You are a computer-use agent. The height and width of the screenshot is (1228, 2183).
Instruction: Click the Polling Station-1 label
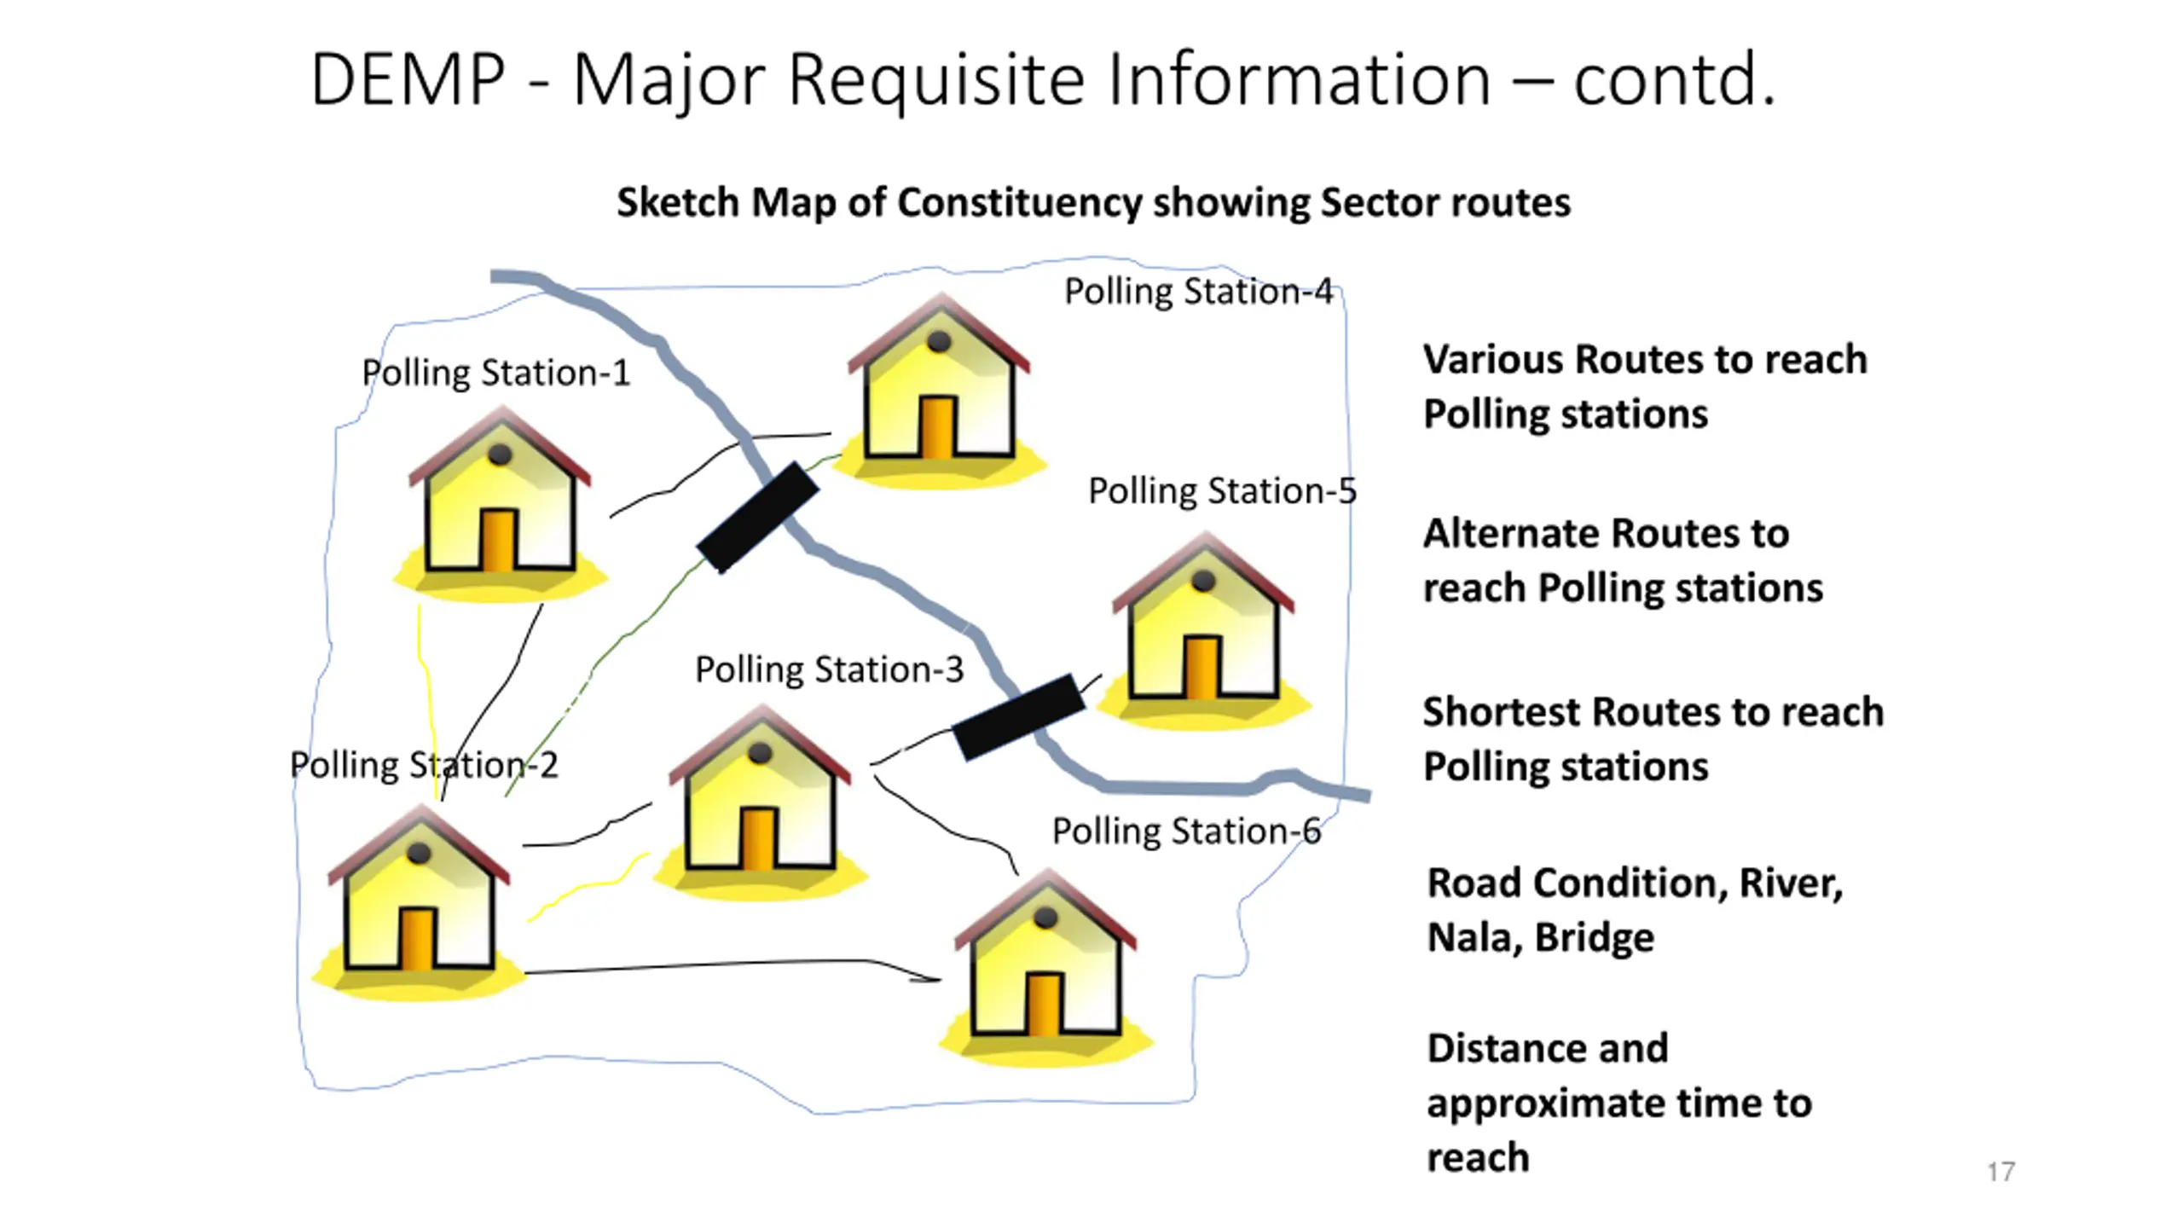pos(495,374)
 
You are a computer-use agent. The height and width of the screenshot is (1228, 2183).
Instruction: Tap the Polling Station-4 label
pos(1198,292)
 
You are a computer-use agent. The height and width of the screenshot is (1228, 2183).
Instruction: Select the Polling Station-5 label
pos(1222,491)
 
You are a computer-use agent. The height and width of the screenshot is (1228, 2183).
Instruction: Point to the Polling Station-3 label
pos(829,670)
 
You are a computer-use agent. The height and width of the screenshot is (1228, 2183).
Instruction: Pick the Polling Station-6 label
pos(1186,831)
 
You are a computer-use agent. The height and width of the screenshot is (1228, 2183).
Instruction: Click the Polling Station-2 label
pos(424,765)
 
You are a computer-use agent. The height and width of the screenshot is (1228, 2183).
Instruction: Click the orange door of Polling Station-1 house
pos(498,540)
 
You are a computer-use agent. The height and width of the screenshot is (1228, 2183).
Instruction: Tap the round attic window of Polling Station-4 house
pos(939,341)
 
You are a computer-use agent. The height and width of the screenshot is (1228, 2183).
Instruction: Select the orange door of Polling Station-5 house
pos(1202,666)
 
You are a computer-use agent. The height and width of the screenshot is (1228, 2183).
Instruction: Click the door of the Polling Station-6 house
pos(1044,1005)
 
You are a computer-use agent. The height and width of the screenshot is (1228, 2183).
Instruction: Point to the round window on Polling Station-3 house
pos(760,753)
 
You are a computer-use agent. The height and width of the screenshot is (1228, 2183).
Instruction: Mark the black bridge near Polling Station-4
pos(758,518)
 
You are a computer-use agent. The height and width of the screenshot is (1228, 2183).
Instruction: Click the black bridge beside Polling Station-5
pos(1018,716)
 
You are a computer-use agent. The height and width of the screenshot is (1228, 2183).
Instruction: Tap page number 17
pos(2001,1172)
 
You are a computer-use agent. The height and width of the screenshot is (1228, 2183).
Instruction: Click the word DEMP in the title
pos(408,80)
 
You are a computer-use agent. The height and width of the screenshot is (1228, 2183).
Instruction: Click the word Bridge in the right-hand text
pos(1595,938)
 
